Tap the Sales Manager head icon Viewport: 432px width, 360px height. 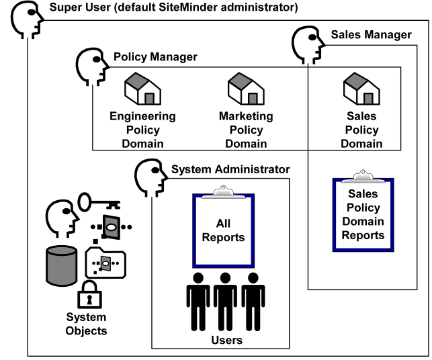[x=308, y=46]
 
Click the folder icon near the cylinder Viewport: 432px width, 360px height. [x=105, y=263]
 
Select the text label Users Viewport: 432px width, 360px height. [x=226, y=341]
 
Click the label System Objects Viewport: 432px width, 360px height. [x=86, y=324]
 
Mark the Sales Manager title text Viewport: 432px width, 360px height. [x=371, y=35]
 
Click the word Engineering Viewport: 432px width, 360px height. [x=142, y=116]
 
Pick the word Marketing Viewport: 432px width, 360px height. [x=246, y=116]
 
